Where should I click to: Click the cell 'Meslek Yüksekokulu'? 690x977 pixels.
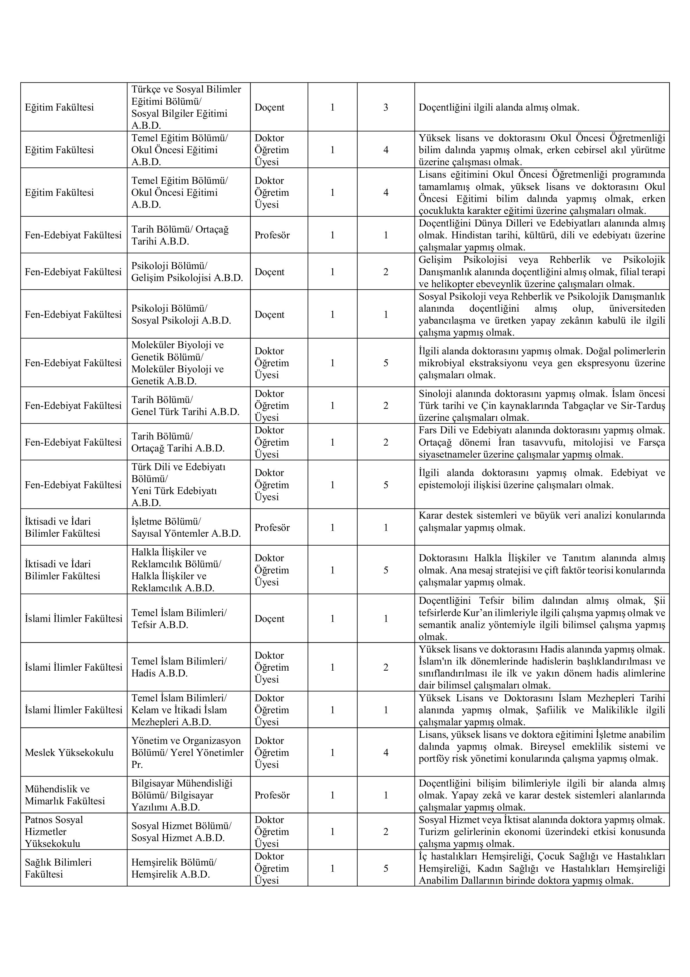point(69,752)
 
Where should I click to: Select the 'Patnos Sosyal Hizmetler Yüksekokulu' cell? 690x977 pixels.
point(54,831)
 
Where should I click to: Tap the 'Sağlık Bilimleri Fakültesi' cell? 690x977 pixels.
point(58,868)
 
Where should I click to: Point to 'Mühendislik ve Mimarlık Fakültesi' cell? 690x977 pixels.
point(65,795)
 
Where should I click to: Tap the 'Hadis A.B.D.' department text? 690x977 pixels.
point(159,673)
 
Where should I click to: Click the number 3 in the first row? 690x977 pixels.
point(386,107)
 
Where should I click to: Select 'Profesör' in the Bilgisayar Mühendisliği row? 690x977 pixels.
point(272,795)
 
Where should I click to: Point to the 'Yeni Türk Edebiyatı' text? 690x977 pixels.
point(174,491)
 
